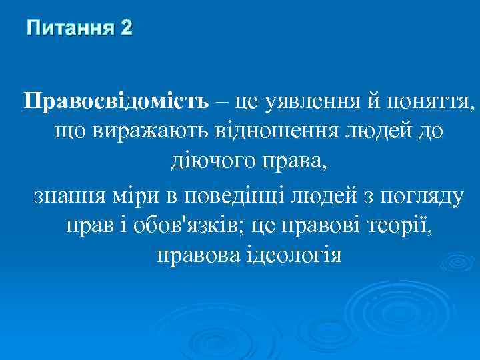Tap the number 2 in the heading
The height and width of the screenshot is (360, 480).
pyautogui.click(x=126, y=28)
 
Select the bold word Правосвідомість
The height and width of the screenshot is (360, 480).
pyautogui.click(x=117, y=102)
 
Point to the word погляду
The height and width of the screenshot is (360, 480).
pyautogui.click(x=423, y=197)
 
